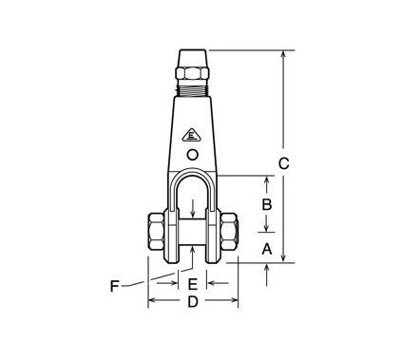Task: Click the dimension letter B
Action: [267, 204]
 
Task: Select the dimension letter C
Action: [282, 163]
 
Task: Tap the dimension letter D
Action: [192, 302]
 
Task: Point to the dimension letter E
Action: [192, 283]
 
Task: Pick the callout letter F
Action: [115, 284]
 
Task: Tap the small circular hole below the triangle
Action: [193, 155]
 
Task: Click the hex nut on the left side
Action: [155, 233]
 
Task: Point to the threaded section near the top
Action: [192, 89]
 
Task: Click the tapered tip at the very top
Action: [192, 56]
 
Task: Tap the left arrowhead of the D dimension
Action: [151, 302]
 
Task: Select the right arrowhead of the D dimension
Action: [233, 302]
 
